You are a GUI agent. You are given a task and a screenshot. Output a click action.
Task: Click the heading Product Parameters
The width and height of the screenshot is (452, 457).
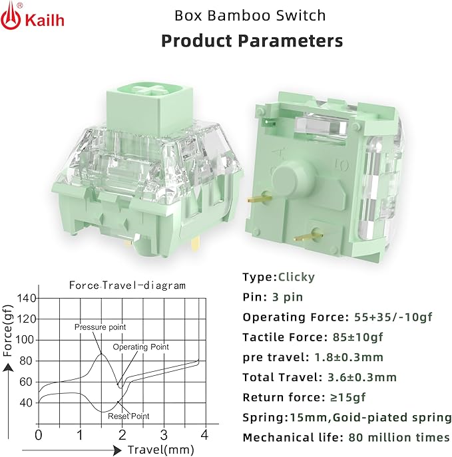pos(252,41)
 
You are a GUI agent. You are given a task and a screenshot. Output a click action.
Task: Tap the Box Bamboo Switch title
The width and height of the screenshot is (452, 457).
pos(250,15)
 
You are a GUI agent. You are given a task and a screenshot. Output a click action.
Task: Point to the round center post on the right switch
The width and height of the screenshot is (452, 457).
pos(294,178)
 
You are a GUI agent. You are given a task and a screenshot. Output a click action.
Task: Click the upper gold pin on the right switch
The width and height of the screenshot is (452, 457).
pos(259,198)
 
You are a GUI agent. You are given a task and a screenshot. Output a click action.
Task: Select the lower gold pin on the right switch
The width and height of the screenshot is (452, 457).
pos(308,236)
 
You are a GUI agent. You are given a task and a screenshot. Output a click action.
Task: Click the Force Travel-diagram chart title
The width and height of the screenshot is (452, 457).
pos(127,285)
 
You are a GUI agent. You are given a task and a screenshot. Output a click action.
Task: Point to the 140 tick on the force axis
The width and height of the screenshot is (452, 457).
pos(26,299)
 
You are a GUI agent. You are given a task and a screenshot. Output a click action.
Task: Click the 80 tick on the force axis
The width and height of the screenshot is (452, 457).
pos(25,361)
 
